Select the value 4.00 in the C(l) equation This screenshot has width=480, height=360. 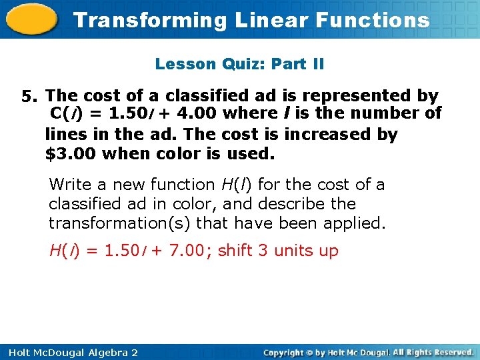click(197, 113)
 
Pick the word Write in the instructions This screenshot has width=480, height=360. click(69, 184)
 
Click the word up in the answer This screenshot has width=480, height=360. click(329, 251)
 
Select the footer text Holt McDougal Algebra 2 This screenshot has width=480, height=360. click(69, 352)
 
